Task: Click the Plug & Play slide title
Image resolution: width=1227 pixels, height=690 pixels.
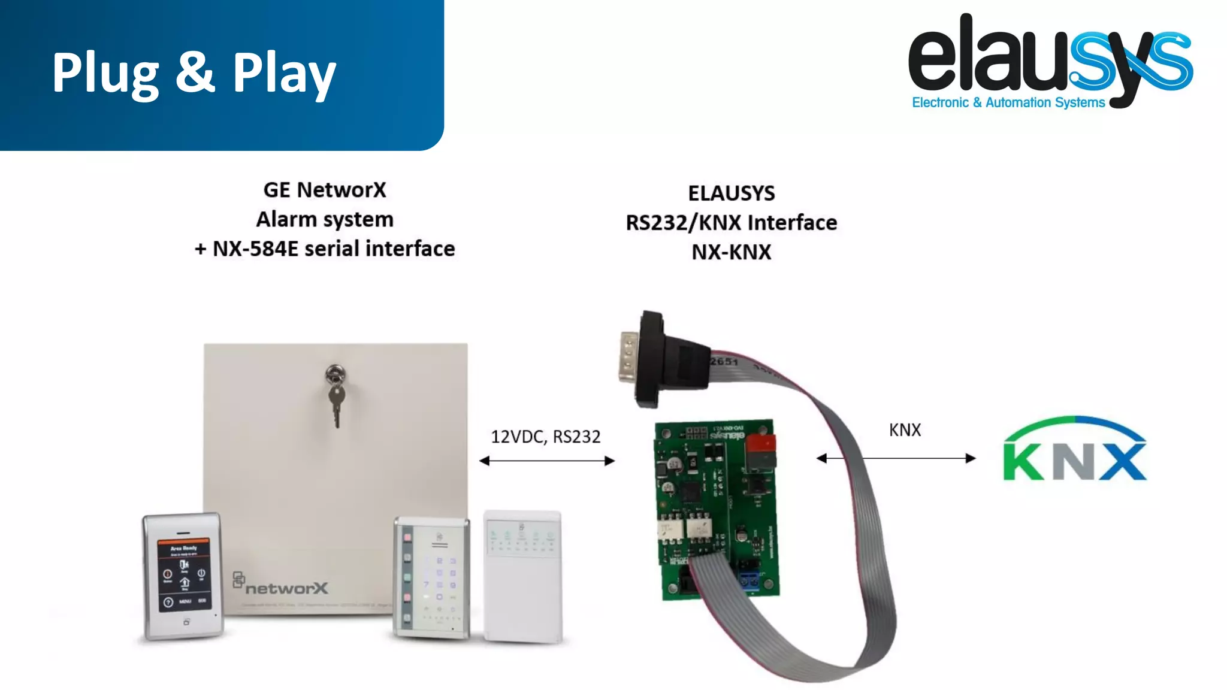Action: (x=194, y=73)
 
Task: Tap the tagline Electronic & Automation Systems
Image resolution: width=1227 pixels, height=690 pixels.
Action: (x=1008, y=102)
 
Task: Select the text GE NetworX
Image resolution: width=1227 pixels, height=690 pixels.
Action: (x=325, y=190)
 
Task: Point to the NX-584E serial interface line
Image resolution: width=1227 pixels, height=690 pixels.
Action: (x=325, y=249)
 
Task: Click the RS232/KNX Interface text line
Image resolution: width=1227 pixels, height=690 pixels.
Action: (x=731, y=223)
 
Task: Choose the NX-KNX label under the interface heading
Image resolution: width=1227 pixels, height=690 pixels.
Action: (x=731, y=252)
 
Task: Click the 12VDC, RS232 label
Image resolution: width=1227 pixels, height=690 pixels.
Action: (x=546, y=437)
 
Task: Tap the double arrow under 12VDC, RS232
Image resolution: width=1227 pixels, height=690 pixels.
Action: (x=547, y=461)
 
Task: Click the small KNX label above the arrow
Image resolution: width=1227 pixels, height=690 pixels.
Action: (x=905, y=429)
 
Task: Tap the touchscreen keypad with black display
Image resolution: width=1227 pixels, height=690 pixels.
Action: (x=183, y=576)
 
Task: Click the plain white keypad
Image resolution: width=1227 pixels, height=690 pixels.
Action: (x=523, y=576)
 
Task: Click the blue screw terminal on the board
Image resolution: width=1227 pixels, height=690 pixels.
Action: (x=750, y=580)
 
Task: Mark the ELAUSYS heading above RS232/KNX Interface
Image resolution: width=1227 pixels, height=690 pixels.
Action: (x=731, y=193)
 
